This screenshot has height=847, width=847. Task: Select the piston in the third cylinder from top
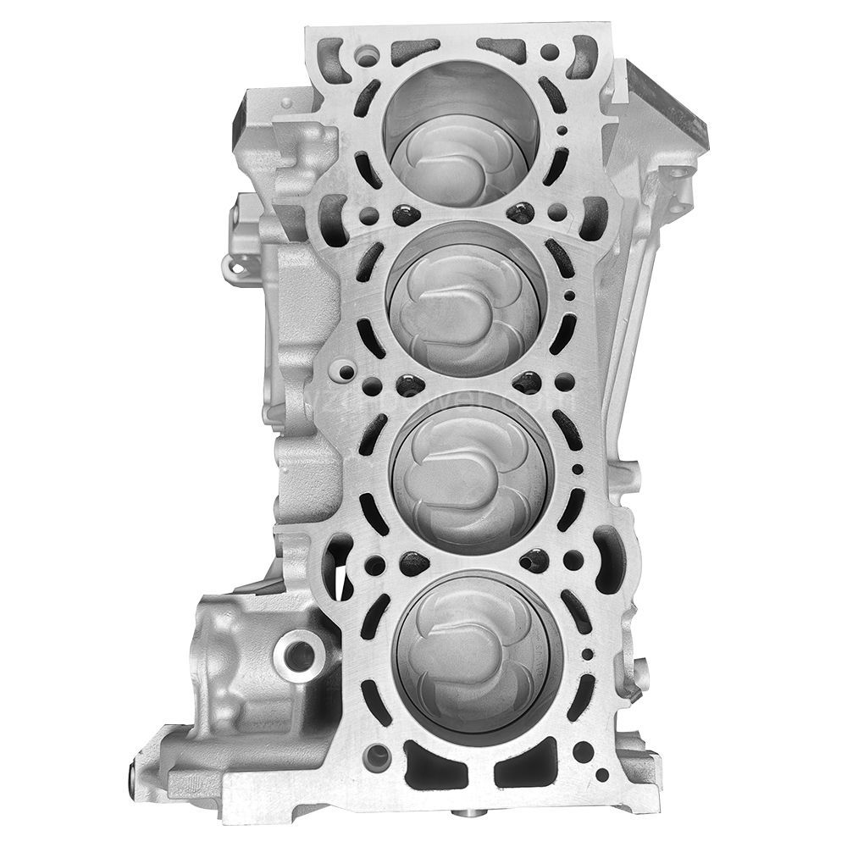[474, 474]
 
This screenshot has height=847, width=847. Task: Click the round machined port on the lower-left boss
[298, 652]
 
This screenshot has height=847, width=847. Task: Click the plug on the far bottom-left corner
[134, 749]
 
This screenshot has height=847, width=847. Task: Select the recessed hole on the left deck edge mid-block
[343, 370]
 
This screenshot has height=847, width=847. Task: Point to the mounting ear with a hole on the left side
[239, 268]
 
